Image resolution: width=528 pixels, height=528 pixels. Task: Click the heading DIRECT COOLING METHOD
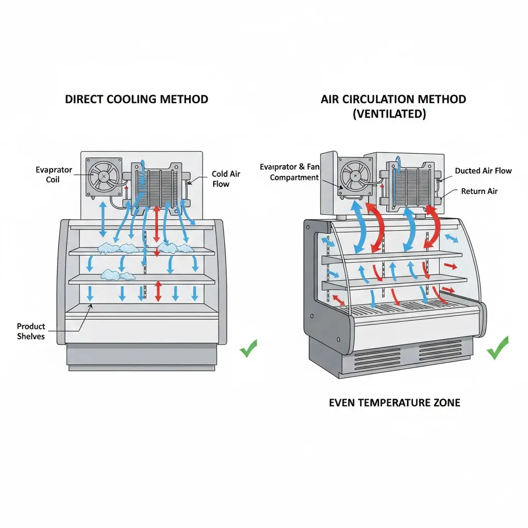pos(137,99)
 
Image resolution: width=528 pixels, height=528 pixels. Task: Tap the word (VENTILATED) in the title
pos(389,114)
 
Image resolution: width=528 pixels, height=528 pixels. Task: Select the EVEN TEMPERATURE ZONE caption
pos(394,402)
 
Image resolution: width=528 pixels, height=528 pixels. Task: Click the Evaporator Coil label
pos(54,174)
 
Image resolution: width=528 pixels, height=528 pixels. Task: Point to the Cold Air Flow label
pos(226,179)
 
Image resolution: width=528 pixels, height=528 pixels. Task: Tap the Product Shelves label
pos(31,331)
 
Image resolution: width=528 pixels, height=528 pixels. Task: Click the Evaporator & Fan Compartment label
pos(290,172)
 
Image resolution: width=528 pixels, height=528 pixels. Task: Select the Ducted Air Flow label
pos(483,171)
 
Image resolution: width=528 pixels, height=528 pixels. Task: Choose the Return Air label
pos(480,191)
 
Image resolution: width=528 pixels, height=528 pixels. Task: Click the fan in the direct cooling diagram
pos(104,176)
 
